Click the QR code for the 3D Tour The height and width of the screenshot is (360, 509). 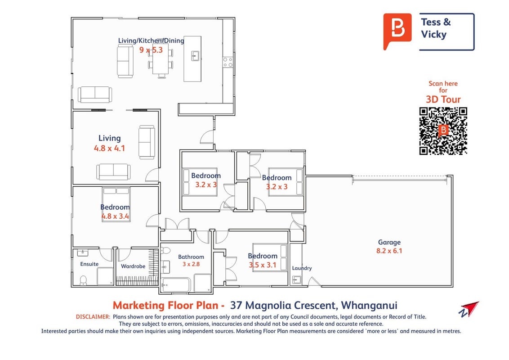point(443,131)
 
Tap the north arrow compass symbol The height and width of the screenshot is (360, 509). point(469,309)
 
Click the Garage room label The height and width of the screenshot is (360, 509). point(389,243)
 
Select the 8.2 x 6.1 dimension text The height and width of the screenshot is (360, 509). point(389,251)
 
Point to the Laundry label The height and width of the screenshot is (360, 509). point(302,268)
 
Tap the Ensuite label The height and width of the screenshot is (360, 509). point(89,264)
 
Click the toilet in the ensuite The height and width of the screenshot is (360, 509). point(84,280)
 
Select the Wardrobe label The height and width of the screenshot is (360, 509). point(133,266)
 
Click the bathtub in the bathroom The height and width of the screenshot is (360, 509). point(176,285)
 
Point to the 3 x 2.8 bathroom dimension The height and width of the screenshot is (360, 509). point(191,264)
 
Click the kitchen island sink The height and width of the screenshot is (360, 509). point(195,56)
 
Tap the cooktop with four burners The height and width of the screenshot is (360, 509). point(228,63)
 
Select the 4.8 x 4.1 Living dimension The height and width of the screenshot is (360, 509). point(109,148)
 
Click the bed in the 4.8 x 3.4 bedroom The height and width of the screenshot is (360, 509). point(116,204)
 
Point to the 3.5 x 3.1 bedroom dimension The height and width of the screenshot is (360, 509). point(263,265)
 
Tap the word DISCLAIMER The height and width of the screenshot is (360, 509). point(93,317)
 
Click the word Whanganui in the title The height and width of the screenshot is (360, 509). point(369,306)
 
